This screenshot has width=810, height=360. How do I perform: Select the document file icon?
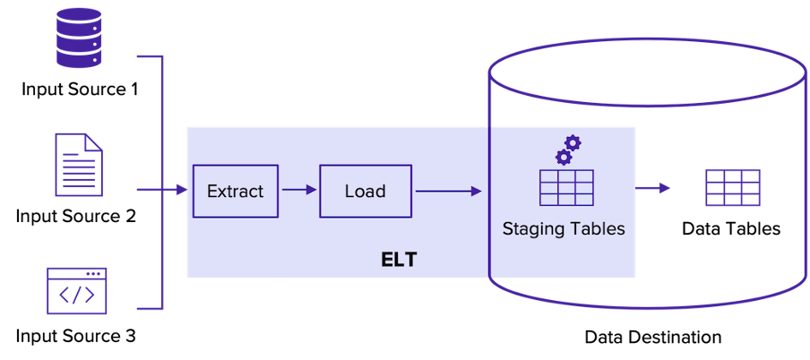pyautogui.click(x=78, y=165)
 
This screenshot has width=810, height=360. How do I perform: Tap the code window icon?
pyautogui.click(x=77, y=290)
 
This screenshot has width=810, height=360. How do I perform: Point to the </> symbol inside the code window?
pyautogui.click(x=77, y=296)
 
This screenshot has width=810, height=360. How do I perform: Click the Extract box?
pyautogui.click(x=236, y=191)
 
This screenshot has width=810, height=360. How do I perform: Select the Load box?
pyautogui.click(x=366, y=191)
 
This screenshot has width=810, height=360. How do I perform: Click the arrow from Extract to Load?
pyautogui.click(x=299, y=190)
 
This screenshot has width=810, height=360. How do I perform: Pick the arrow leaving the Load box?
pyautogui.click(x=448, y=190)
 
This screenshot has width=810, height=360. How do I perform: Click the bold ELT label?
pyautogui.click(x=399, y=261)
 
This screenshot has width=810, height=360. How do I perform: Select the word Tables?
pyautogui.click(x=596, y=228)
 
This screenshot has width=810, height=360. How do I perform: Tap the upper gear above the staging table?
pyautogui.click(x=573, y=142)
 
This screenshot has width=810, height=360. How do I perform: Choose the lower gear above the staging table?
pyautogui.click(x=563, y=158)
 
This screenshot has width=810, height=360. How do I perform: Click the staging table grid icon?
pyautogui.click(x=567, y=187)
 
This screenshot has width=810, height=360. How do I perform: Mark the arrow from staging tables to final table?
pyautogui.click(x=654, y=188)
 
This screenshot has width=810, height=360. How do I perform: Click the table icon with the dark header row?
pyautogui.click(x=733, y=188)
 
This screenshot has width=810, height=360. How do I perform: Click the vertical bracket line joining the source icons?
pyautogui.click(x=163, y=184)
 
